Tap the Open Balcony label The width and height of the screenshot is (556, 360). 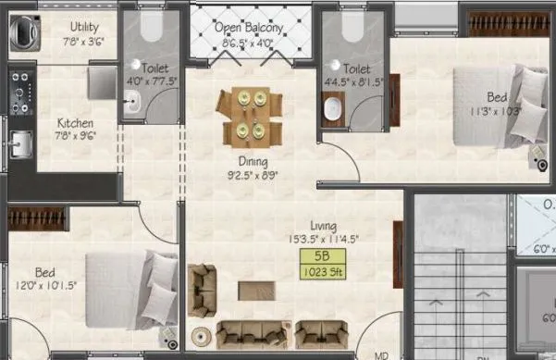249,28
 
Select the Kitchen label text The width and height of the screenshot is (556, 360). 75,122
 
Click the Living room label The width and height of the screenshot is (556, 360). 324,226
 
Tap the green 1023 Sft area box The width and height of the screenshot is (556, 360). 323,272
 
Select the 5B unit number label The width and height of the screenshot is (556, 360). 323,256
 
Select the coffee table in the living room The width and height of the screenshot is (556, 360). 256,290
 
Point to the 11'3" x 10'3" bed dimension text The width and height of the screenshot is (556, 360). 496,112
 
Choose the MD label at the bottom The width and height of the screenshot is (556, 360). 382,354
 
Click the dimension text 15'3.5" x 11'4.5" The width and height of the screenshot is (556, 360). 324,239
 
